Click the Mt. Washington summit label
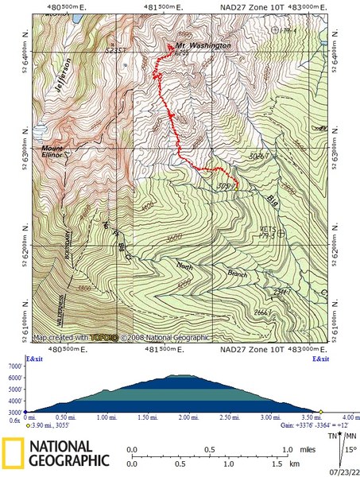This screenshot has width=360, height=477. point(203,46)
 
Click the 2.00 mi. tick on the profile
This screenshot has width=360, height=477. point(188,417)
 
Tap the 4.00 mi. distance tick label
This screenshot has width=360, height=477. point(350,417)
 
